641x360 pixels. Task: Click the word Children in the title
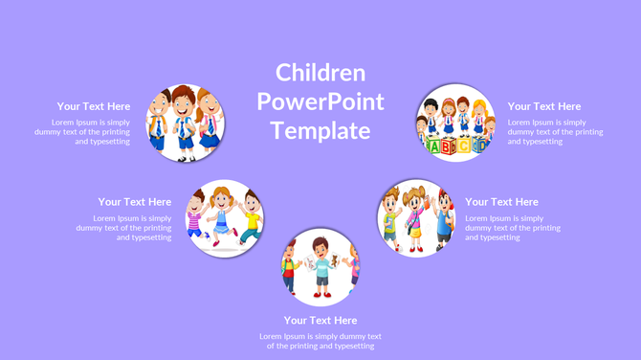click(320, 73)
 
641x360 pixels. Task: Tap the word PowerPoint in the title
click(320, 101)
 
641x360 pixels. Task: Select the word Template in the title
click(320, 130)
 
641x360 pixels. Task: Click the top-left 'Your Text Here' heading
click(94, 106)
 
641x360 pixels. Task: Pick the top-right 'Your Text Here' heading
click(544, 106)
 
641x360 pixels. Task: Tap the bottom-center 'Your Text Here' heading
click(320, 320)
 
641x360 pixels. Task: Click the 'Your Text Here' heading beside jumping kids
click(135, 202)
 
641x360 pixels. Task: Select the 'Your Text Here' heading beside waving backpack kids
click(501, 202)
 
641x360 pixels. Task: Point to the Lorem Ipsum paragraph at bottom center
click(320, 341)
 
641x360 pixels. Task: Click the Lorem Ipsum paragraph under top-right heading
click(555, 132)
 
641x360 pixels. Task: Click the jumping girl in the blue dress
click(222, 214)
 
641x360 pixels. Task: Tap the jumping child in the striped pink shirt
click(196, 218)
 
